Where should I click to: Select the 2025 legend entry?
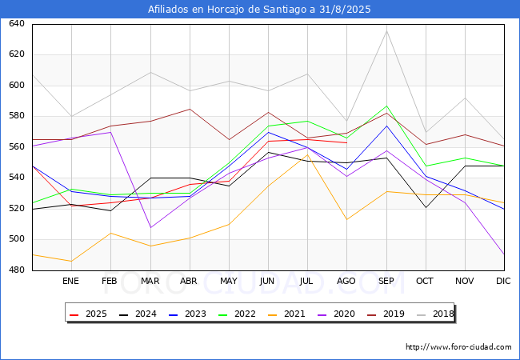pyautogui.click(x=88, y=314)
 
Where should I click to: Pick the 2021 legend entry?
pyautogui.click(x=286, y=314)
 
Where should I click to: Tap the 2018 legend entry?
pyautogui.click(x=435, y=314)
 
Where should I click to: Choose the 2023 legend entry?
pyautogui.click(x=187, y=314)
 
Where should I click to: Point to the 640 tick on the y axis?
pyautogui.click(x=17, y=23)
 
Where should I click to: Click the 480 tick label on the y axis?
pyautogui.click(x=17, y=270)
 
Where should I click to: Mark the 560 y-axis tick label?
pyautogui.click(x=17, y=147)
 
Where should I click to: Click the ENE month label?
pyautogui.click(x=70, y=281)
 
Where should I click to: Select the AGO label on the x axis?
pyautogui.click(x=346, y=281)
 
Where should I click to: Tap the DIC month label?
pyautogui.click(x=503, y=281)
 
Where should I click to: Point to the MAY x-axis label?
pyautogui.click(x=229, y=281)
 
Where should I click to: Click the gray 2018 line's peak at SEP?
pyautogui.click(x=386, y=30)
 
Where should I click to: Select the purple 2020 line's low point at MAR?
pyautogui.click(x=151, y=227)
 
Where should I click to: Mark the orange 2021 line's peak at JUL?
pyautogui.click(x=308, y=154)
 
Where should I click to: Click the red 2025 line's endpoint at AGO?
pyautogui.click(x=347, y=143)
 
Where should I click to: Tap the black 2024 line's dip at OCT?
pyautogui.click(x=426, y=208)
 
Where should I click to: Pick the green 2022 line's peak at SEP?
pyautogui.click(x=386, y=106)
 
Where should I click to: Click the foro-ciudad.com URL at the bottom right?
pyautogui.click(x=458, y=347)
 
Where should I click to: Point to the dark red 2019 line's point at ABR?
pyautogui.click(x=190, y=109)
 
